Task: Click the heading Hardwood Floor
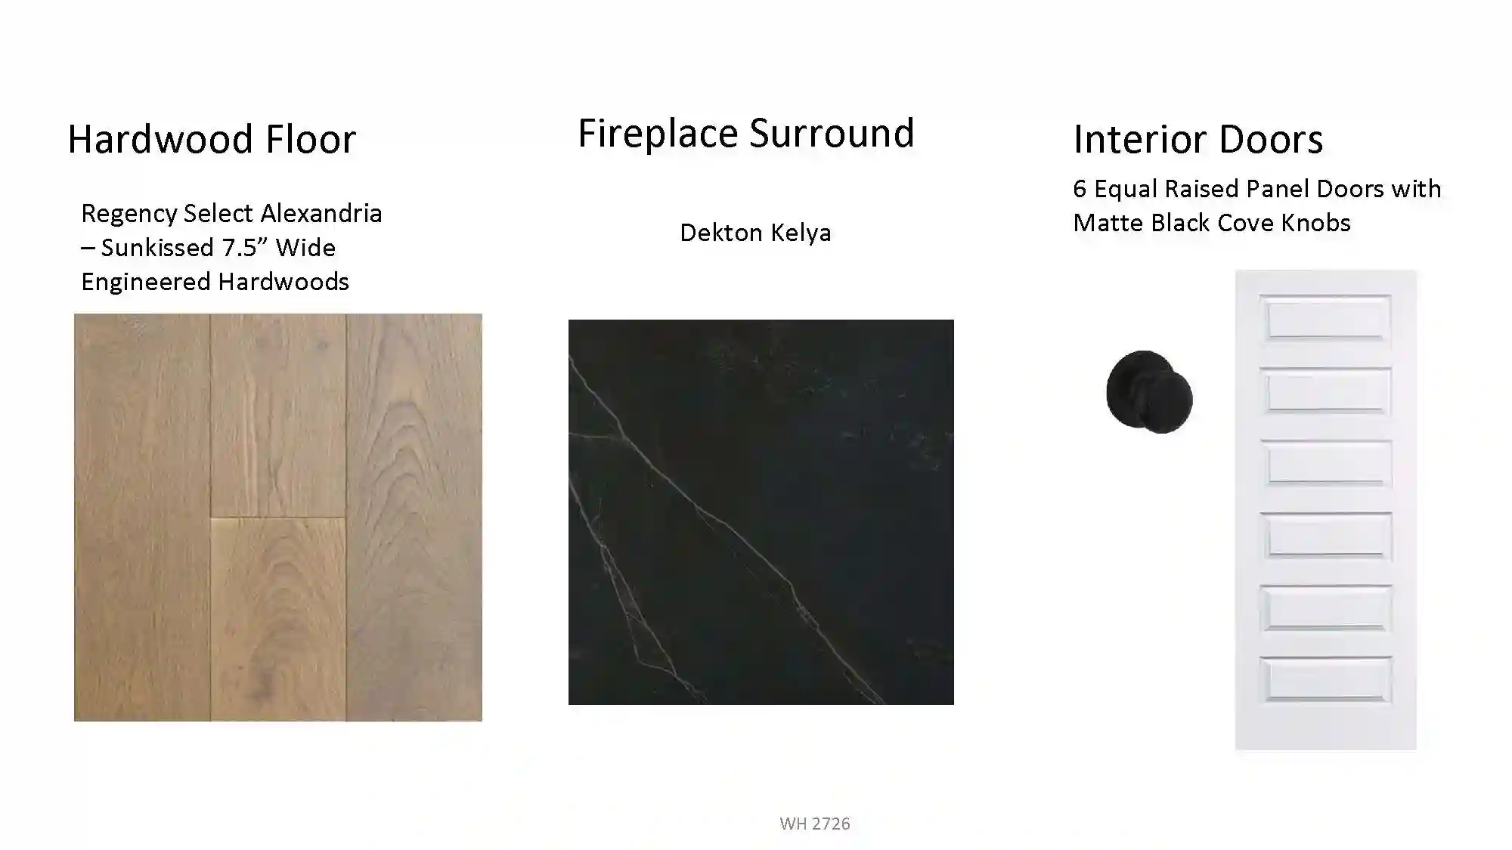coord(212,139)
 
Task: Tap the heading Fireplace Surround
coord(746,133)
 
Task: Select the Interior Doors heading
coord(1198,139)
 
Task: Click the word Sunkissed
coord(157,247)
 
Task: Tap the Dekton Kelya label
coord(755,233)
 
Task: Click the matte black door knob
coord(1149,392)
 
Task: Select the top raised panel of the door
coord(1326,319)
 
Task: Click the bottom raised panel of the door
coord(1326,679)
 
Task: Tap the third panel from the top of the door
coord(1326,463)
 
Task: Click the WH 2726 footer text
coord(815,824)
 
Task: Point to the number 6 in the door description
coord(1080,189)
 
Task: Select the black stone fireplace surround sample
coord(761,512)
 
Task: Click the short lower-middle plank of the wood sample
coord(278,619)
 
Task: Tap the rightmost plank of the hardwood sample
coord(414,518)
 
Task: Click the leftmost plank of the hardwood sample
coord(142,518)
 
